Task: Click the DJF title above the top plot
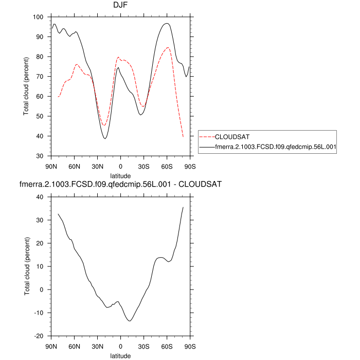coord(120,6)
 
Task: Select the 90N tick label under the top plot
coord(51,166)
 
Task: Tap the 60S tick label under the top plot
coord(167,166)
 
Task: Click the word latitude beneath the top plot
coord(120,175)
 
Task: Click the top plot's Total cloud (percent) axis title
coord(27,86)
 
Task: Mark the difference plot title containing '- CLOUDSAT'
coord(120,184)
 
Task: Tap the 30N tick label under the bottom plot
coord(98,346)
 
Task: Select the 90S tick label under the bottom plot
coord(190,346)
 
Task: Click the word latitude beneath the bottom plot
coord(120,355)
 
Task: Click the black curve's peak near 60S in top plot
coord(167,23)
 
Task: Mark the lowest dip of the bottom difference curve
coord(130,321)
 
